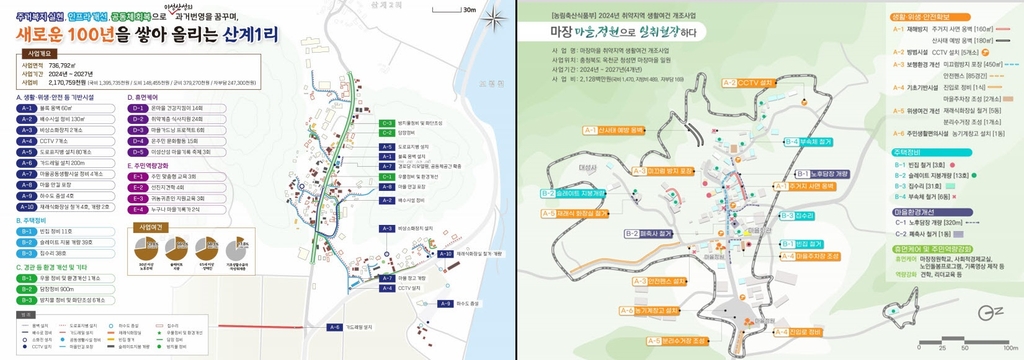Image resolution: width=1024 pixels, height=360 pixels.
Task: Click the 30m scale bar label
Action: point(469,9)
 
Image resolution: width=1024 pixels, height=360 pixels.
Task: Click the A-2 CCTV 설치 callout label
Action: point(750,83)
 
